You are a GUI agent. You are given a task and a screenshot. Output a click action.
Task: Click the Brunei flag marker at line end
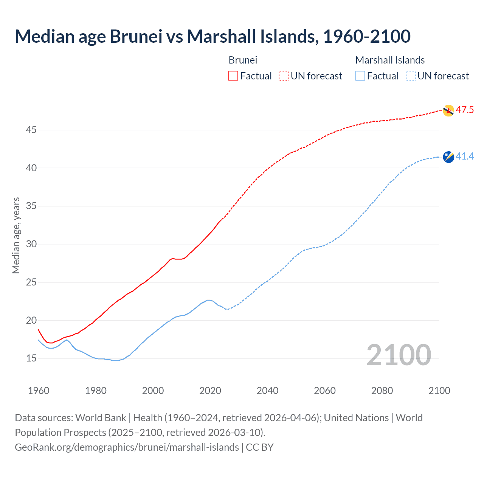click(448, 110)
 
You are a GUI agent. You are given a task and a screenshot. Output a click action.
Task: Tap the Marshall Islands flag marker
click(448, 157)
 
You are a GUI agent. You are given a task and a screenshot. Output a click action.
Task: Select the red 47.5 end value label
click(465, 110)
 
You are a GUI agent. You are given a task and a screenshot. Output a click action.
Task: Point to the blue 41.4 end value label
click(465, 156)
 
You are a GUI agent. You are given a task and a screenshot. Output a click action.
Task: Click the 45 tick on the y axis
click(31, 130)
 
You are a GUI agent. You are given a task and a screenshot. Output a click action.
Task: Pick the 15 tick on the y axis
click(31, 358)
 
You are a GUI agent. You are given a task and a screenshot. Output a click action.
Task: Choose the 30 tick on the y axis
click(31, 244)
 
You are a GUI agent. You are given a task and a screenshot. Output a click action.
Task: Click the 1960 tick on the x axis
click(39, 391)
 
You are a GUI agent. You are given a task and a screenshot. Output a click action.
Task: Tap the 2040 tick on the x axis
click(267, 391)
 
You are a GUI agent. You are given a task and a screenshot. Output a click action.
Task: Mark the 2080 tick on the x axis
click(382, 391)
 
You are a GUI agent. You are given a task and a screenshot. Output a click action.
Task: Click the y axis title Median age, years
click(16, 235)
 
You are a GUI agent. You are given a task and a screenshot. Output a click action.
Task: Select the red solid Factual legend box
click(233, 76)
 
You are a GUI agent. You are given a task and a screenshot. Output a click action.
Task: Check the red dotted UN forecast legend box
click(284, 76)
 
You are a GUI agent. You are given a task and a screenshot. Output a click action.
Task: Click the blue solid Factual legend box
click(360, 76)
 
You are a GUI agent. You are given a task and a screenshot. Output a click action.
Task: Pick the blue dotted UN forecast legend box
click(410, 76)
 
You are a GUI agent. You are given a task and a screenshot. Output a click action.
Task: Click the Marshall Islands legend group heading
click(390, 60)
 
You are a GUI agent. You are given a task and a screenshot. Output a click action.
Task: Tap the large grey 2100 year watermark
click(399, 355)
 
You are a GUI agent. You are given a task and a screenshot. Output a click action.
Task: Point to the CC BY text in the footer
click(259, 447)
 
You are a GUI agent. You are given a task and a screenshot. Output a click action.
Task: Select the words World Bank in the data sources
click(101, 418)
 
